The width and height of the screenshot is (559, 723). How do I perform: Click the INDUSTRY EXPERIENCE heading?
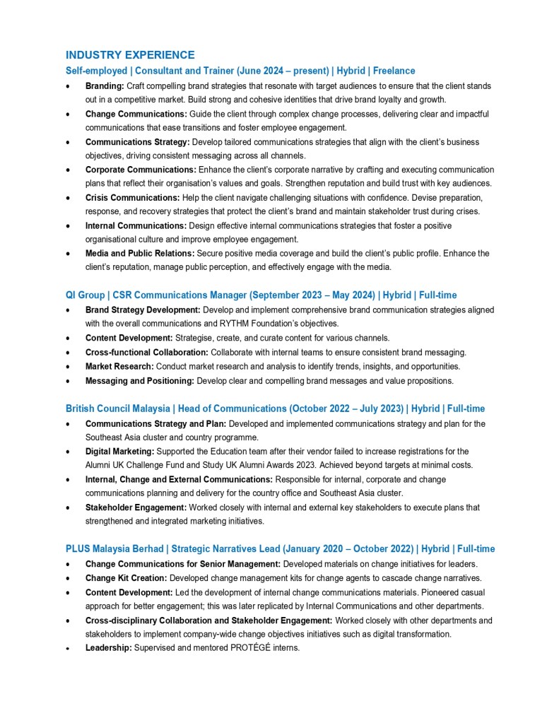(130, 54)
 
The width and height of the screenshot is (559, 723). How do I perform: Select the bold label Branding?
(105, 86)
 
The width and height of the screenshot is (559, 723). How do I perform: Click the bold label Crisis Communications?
(131, 198)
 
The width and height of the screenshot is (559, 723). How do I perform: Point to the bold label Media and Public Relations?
(140, 253)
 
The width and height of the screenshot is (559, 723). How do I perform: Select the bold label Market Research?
(119, 366)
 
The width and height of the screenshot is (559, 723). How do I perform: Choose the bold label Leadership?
(108, 648)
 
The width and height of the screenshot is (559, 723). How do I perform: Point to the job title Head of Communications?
(232, 408)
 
